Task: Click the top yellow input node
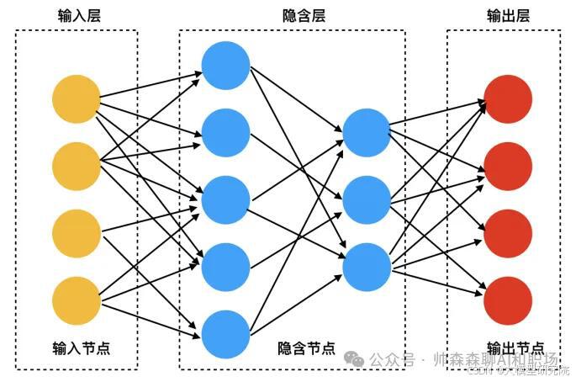coord(77,98)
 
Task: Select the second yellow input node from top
coord(77,166)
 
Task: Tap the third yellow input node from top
coord(77,231)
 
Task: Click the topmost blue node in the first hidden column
coord(226,66)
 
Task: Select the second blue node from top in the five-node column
coord(226,132)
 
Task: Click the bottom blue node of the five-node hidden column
coord(226,333)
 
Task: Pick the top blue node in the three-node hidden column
coord(367,132)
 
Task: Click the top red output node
coord(509,98)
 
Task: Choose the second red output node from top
coord(509,166)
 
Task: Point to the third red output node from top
coord(509,231)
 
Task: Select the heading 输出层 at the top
coord(507,15)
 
